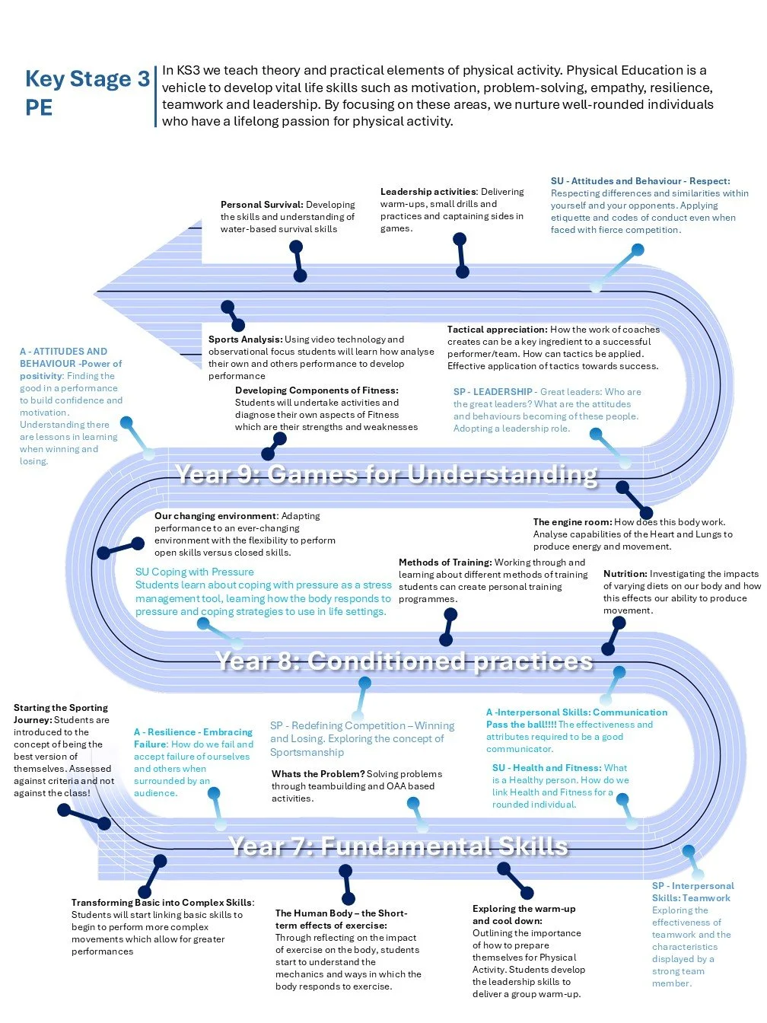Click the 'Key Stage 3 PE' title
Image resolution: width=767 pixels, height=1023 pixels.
coord(87,93)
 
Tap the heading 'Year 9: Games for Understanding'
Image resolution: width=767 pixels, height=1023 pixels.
coord(386,474)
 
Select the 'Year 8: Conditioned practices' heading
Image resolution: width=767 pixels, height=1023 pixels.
coord(404,661)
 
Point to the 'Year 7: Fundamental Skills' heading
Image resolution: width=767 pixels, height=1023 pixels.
coord(398,846)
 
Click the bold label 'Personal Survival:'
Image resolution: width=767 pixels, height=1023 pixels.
coord(262,205)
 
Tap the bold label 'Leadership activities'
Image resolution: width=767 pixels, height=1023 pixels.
coord(428,192)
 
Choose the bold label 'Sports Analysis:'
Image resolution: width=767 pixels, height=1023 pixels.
coord(246,339)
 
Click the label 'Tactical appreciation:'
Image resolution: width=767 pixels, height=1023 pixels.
coord(498,329)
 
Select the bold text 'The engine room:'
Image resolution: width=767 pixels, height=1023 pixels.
coord(572,522)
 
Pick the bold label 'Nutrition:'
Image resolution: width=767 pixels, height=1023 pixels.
coord(625,574)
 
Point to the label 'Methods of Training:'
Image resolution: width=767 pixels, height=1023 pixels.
coord(445,562)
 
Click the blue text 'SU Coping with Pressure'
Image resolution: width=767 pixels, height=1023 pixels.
coord(195,572)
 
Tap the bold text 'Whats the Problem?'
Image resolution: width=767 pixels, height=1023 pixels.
coord(318,773)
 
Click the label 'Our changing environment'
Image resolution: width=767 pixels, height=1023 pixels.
coord(216,516)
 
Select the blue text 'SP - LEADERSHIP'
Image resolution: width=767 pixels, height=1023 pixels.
coord(493,391)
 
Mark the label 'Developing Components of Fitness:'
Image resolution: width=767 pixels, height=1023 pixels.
coord(317,390)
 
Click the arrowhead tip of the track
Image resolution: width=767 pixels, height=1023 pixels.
coord(94,293)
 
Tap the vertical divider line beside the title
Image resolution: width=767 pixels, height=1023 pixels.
coord(155,96)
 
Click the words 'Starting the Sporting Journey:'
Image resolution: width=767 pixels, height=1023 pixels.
coord(61,713)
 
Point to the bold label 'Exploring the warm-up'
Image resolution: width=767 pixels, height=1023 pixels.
coord(524,908)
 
